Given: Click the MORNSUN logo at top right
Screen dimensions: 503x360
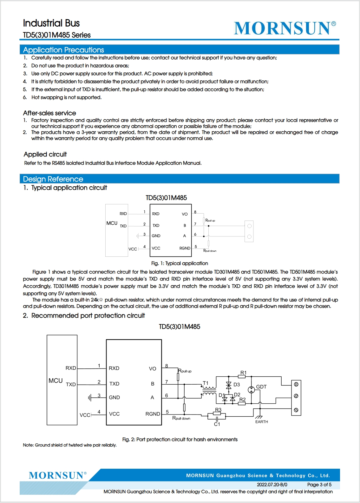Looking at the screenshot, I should point(285,28).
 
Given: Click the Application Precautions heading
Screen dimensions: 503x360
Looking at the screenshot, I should point(63,50).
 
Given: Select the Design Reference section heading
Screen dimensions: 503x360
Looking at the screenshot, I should point(53,179).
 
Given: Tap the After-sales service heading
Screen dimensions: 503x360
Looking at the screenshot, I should point(49,113).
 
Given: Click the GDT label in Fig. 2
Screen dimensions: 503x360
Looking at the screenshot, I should point(261,387).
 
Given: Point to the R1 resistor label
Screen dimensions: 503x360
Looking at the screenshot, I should point(243,373).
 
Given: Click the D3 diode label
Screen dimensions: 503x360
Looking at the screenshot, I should point(237,384).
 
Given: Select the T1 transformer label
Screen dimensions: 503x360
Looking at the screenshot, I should point(206,383).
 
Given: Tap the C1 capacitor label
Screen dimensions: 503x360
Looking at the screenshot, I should point(217,424).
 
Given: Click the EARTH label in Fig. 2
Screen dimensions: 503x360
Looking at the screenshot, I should point(262,422).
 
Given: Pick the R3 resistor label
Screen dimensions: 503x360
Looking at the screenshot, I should point(218,410).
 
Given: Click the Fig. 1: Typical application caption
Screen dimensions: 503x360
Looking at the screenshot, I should point(180,263).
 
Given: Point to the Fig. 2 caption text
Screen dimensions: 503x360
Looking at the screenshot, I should point(180,439).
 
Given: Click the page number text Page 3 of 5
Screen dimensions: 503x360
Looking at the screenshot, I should point(319,485).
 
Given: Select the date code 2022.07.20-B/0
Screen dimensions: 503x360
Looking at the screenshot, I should point(272,485).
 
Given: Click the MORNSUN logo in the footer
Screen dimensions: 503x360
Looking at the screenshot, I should point(57,475).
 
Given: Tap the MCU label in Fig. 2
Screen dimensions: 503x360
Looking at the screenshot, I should point(56,381).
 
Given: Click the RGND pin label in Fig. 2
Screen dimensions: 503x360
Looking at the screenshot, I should point(153,414).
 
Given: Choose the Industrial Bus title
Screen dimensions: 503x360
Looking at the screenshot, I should point(51,23).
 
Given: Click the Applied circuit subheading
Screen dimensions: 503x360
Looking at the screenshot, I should point(45,154).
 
